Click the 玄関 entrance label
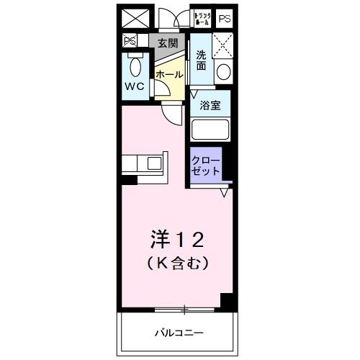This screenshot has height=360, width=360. (x=167, y=43)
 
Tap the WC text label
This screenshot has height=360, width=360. (x=135, y=86)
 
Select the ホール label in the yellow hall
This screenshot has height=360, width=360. (x=168, y=74)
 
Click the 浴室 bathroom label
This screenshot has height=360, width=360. (x=210, y=105)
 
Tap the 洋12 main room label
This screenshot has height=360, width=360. (x=179, y=237)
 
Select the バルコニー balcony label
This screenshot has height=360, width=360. (x=179, y=333)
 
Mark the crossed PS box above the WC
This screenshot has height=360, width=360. (x=130, y=42)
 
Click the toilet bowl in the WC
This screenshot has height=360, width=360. (x=134, y=70)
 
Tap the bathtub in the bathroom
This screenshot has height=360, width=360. (x=210, y=131)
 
